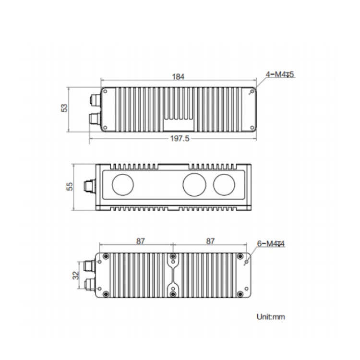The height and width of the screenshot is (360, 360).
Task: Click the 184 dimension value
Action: coord(178,76)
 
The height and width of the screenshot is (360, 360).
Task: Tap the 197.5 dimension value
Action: coord(180,138)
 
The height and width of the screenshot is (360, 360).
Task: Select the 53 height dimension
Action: coord(64,108)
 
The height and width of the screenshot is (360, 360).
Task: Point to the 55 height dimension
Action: coord(69,186)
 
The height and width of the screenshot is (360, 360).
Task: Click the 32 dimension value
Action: coord(76,276)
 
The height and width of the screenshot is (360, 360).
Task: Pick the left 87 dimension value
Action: coord(141,241)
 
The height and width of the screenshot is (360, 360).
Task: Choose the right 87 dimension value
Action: coord(210,241)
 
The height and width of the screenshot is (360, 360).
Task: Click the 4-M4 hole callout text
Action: coord(280,74)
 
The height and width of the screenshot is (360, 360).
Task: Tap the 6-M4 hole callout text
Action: coord(271,243)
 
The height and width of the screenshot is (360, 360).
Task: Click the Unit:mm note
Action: coord(271,317)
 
